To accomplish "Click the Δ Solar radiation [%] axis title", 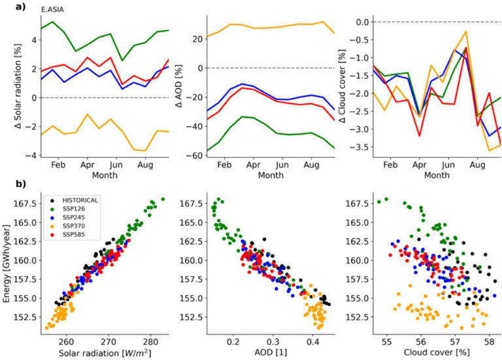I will pos(18,88).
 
